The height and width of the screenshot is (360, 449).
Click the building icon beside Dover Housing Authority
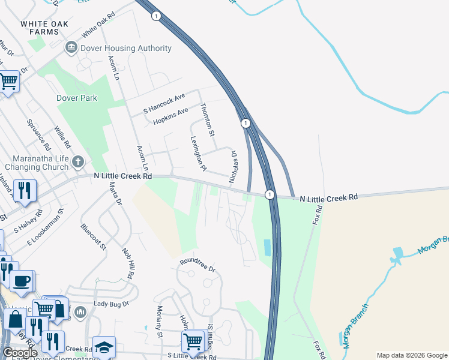[71, 47]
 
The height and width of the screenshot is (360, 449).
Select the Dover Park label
[76, 97]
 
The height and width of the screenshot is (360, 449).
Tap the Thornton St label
[207, 119]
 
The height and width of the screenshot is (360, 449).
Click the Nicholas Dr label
[234, 167]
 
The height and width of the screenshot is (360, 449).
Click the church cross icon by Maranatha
[77, 161]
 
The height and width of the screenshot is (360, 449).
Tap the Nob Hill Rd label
[127, 263]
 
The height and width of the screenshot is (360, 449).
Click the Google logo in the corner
[20, 353]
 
